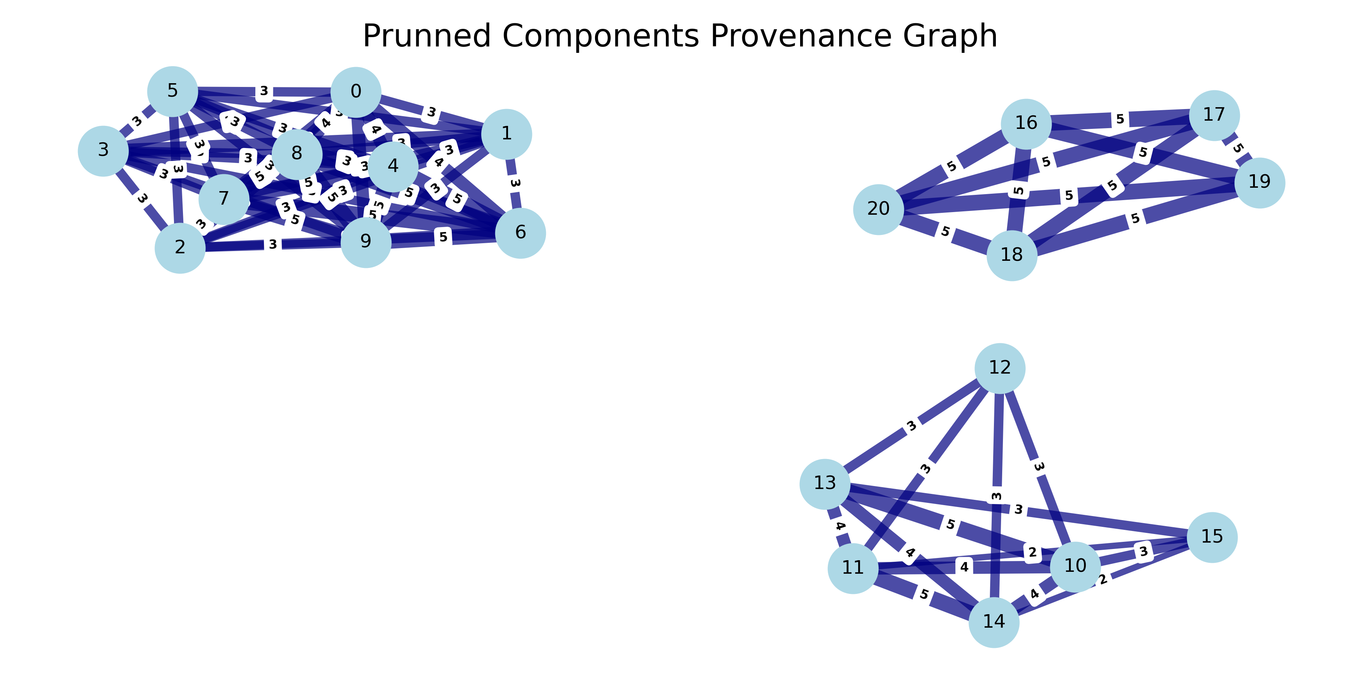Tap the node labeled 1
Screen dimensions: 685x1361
pos(506,134)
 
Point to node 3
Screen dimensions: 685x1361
pos(103,151)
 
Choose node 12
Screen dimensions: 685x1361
pos(1000,368)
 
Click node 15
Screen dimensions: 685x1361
pos(1212,537)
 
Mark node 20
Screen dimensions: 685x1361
pos(878,209)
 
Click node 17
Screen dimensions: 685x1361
pos(1214,115)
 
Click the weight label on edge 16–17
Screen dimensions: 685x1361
pos(1120,120)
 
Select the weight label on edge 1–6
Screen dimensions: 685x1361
pos(515,183)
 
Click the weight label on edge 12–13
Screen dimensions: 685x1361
pos(911,426)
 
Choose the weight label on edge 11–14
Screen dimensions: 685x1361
pos(923,594)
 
